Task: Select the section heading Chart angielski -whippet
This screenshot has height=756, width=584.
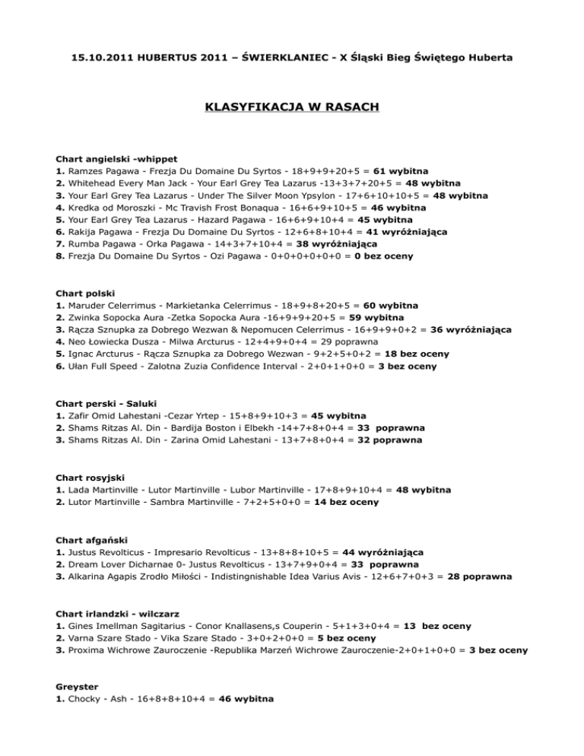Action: click(116, 160)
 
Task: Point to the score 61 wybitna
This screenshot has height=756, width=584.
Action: click(400, 172)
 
